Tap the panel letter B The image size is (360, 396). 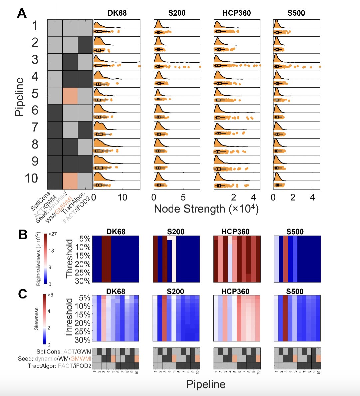coord(23,235)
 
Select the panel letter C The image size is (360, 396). coord(22,294)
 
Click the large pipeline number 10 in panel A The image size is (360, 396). coord(31,178)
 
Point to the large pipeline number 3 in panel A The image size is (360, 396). coord(35,60)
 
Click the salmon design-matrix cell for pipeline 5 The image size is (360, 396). coord(70,96)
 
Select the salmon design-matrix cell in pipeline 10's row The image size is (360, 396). coord(70,181)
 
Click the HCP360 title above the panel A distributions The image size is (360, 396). coord(237,13)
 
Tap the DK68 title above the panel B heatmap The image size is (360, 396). coord(116,232)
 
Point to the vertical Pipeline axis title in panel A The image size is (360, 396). coord(19,97)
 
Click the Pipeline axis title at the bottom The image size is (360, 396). coord(206,384)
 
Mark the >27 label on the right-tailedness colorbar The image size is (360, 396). coord(52,234)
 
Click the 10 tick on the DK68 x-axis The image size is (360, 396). coord(122,197)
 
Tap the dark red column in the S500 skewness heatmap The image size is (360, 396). coord(285,318)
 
